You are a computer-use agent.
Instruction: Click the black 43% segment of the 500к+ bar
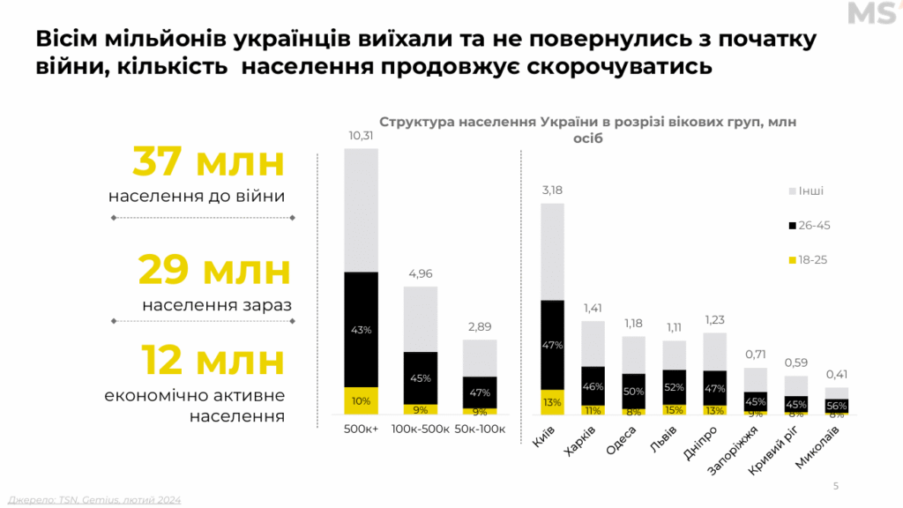click(x=361, y=329)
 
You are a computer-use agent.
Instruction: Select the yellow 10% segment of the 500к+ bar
click(x=361, y=400)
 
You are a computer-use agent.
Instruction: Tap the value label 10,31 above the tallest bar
click(x=361, y=136)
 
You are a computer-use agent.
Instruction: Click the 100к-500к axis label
click(x=421, y=430)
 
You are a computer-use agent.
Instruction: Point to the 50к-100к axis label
click(x=480, y=430)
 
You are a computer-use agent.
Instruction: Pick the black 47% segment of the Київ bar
click(x=552, y=345)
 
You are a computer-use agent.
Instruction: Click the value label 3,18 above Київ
click(x=552, y=191)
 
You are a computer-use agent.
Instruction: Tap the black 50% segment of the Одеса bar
click(x=633, y=391)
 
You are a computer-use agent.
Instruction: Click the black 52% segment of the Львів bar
click(x=675, y=387)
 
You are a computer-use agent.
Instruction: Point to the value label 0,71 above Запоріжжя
click(x=756, y=355)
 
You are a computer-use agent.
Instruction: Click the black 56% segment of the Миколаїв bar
click(x=837, y=405)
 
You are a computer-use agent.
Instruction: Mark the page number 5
click(x=836, y=485)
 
